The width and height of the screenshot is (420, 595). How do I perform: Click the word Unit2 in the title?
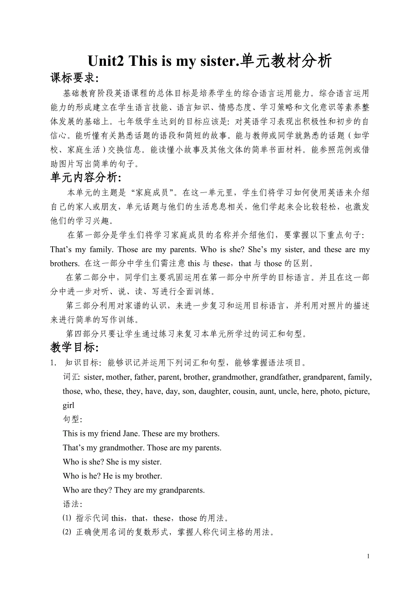[x=106, y=61]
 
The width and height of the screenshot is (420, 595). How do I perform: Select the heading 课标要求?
[x=74, y=79]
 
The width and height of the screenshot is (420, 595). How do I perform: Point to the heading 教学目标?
[x=74, y=348]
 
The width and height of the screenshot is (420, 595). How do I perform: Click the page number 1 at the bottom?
[x=367, y=556]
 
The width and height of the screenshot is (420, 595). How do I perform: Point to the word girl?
[x=68, y=405]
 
